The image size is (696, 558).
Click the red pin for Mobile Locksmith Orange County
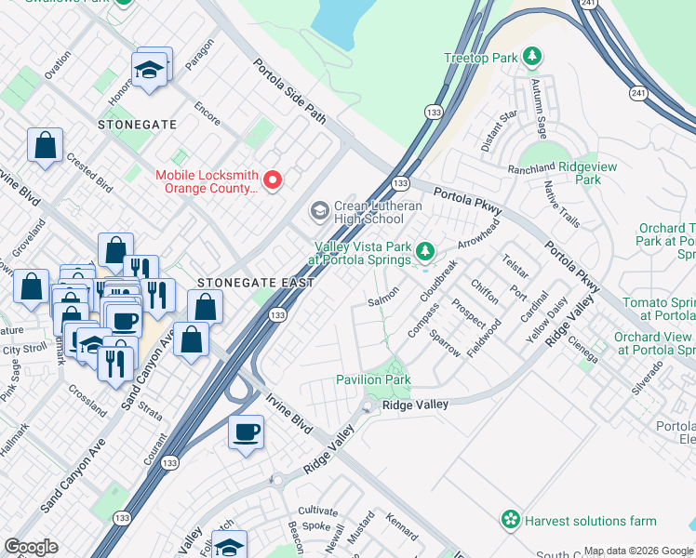[273, 179]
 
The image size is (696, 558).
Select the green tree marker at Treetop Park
[531, 58]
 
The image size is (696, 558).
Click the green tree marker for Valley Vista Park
[425, 251]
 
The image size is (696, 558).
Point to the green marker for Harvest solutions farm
[510, 521]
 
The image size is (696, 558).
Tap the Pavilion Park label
[373, 380]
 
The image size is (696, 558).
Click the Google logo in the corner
[31, 547]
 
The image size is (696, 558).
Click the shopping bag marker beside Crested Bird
[45, 146]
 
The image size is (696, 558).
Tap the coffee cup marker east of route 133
[246, 432]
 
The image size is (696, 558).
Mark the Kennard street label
[401, 526]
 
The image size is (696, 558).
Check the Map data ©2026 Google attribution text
[638, 551]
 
